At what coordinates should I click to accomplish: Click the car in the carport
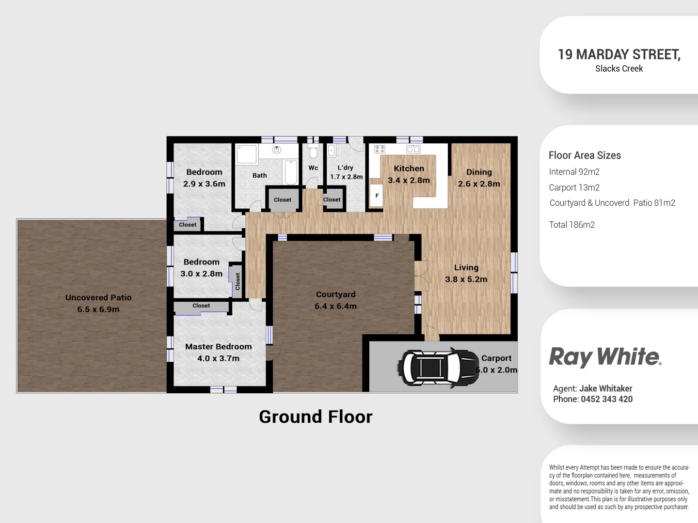(x=437, y=368)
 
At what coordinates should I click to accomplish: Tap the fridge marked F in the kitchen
(x=377, y=196)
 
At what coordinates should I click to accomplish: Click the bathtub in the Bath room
(x=291, y=172)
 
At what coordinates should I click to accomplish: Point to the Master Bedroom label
(x=218, y=347)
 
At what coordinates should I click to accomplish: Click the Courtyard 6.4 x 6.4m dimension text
(x=335, y=306)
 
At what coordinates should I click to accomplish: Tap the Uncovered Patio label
(x=98, y=298)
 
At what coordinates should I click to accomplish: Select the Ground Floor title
(x=316, y=417)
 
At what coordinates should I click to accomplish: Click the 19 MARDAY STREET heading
(x=619, y=54)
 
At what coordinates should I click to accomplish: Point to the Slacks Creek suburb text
(x=619, y=69)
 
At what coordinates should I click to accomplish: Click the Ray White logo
(x=605, y=357)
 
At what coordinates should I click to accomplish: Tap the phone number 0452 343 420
(x=606, y=400)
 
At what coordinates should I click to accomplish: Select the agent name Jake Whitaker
(x=605, y=388)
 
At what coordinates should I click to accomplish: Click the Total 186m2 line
(x=571, y=225)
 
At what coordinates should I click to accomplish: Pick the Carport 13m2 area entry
(x=574, y=187)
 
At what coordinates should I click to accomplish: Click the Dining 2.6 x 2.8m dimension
(x=479, y=184)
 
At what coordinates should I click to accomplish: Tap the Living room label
(x=466, y=268)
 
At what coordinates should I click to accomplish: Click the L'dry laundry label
(x=346, y=168)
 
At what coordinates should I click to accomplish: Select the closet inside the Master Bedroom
(x=201, y=307)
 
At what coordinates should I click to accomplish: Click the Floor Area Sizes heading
(x=585, y=155)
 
